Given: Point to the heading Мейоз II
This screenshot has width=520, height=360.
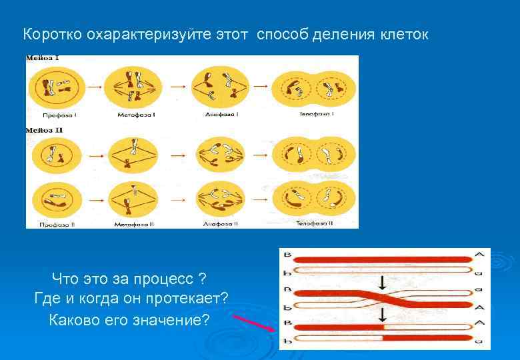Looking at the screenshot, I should pyautogui.click(x=45, y=130).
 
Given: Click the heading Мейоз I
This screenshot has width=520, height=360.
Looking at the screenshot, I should pyautogui.click(x=43, y=59).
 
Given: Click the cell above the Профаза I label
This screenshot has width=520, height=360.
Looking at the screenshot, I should pyautogui.click(x=57, y=87).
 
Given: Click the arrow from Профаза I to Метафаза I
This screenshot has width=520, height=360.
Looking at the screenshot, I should pyautogui.click(x=95, y=87).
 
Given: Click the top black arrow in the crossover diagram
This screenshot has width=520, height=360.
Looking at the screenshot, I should pyautogui.click(x=382, y=281).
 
